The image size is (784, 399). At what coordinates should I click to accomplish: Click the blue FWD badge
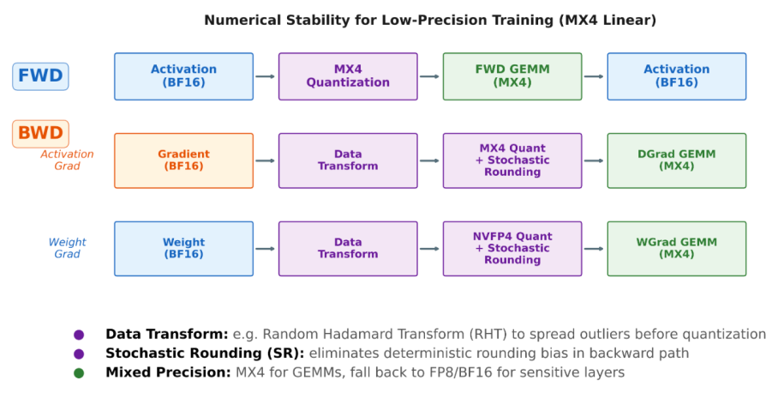(x=40, y=76)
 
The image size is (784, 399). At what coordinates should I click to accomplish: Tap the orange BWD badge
(x=40, y=134)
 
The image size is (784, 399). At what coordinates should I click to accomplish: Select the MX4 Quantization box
(x=348, y=76)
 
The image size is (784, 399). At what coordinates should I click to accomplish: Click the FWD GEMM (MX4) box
(x=512, y=76)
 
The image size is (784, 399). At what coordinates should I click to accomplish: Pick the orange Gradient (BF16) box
(x=184, y=160)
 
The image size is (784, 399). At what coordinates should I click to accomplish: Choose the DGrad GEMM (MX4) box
(x=677, y=160)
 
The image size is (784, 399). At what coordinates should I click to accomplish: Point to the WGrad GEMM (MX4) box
(x=677, y=249)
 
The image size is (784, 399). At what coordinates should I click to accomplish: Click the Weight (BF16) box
(x=184, y=249)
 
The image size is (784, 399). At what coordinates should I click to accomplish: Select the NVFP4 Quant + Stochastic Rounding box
(x=512, y=249)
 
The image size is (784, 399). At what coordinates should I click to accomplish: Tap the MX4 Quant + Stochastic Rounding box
(x=512, y=160)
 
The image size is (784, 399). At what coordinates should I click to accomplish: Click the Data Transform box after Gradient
(x=348, y=160)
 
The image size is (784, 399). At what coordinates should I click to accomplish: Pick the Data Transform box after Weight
(x=348, y=249)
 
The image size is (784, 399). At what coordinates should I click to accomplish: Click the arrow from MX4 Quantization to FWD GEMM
(x=430, y=76)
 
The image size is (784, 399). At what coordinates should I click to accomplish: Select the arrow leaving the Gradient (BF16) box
(x=266, y=160)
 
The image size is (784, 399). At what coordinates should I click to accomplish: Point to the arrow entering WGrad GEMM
(x=595, y=249)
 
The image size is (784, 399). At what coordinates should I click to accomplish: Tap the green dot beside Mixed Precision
(x=79, y=373)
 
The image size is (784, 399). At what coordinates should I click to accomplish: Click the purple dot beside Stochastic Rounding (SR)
(x=79, y=354)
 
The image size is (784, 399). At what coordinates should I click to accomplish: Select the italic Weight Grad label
(x=67, y=248)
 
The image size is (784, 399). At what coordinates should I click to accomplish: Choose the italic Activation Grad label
(x=67, y=160)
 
